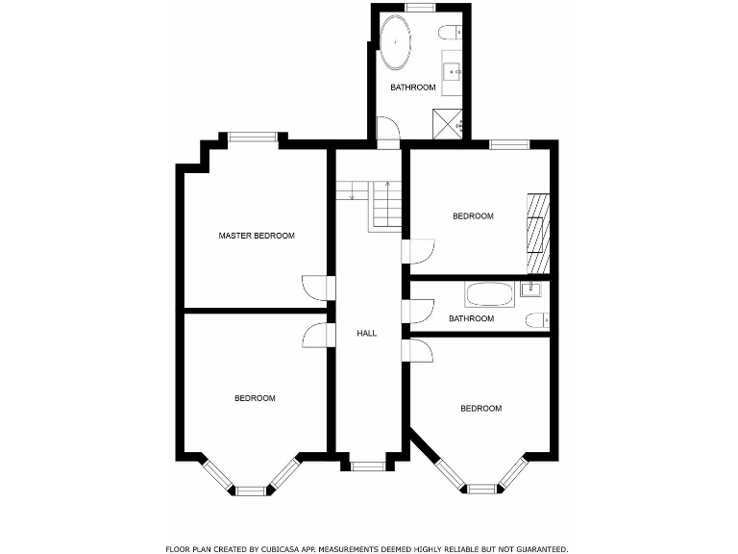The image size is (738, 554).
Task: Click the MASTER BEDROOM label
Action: tap(257, 236)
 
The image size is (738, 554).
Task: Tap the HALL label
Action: tap(366, 334)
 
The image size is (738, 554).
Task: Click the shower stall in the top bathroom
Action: tap(448, 122)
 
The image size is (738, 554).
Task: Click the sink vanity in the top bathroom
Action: tap(453, 69)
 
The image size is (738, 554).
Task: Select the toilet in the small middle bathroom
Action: tap(536, 319)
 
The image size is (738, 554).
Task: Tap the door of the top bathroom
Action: tap(387, 132)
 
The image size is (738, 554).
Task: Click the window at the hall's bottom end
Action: tap(367, 466)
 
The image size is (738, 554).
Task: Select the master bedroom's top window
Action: tap(253, 137)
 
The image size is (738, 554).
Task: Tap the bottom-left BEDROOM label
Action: tap(255, 398)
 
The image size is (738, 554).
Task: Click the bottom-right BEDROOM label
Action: tap(480, 409)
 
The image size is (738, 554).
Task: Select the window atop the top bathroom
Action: tap(420, 8)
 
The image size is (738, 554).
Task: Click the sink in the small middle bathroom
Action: tap(530, 287)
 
